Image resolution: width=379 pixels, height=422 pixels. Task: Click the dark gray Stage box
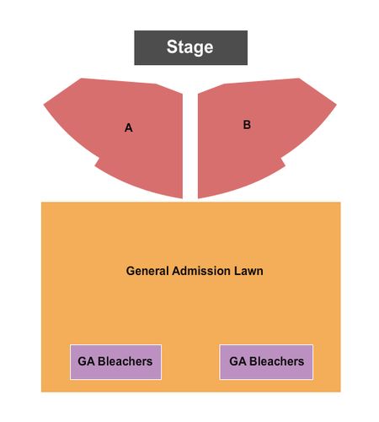(x=190, y=47)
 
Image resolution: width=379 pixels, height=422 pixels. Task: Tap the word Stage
(x=189, y=47)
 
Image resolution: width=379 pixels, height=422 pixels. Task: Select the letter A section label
(x=129, y=127)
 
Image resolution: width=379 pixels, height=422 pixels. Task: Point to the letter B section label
(x=247, y=125)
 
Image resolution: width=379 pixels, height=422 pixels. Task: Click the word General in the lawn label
(x=147, y=271)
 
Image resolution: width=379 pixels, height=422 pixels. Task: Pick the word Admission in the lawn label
(x=201, y=271)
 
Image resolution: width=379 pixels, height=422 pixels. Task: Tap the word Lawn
(x=248, y=271)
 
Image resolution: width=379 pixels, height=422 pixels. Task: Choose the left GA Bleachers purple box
(x=115, y=362)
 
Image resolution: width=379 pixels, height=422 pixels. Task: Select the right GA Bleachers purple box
(x=266, y=362)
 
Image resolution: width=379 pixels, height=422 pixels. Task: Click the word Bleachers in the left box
(x=125, y=361)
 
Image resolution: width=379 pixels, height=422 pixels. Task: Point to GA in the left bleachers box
(x=86, y=361)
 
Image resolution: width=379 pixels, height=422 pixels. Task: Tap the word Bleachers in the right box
(x=276, y=361)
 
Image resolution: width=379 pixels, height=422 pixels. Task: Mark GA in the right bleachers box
(x=238, y=361)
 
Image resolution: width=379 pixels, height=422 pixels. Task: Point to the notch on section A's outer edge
(x=98, y=160)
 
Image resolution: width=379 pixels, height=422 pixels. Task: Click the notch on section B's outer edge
(x=282, y=160)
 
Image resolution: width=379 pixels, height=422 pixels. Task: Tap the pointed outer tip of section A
(x=44, y=105)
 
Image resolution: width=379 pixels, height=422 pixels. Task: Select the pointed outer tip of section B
(x=336, y=105)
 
